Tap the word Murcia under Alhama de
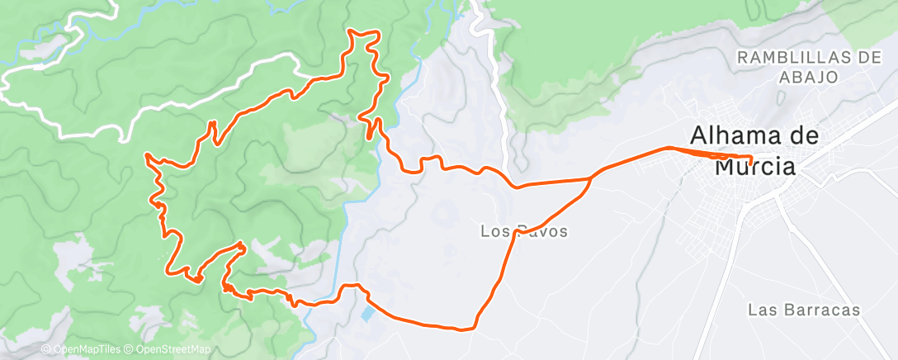click(754, 168)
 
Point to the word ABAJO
click(808, 77)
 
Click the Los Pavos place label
click(524, 232)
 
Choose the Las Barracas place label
click(804, 310)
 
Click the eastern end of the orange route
click(752, 158)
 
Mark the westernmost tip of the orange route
click(147, 154)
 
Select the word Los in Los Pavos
click(494, 232)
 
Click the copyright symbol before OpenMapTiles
click(45, 350)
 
